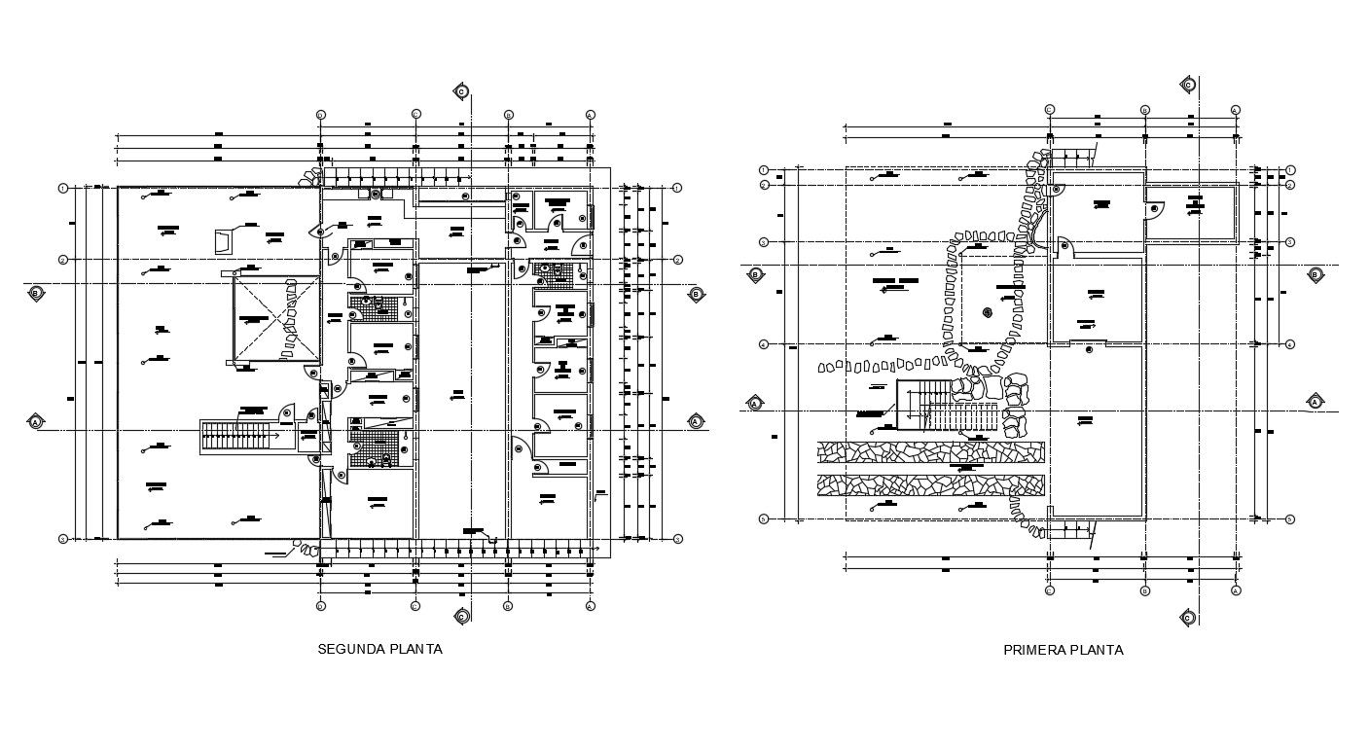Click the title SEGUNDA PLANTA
379,649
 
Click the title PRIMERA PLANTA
1063,650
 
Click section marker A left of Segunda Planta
36,422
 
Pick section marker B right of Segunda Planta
696,294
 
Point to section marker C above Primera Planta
1187,86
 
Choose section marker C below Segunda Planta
462,616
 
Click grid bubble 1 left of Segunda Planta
63,188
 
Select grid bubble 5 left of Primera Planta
764,519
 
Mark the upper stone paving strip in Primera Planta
930,451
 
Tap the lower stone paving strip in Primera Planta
930,484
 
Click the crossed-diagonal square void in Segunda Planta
276,318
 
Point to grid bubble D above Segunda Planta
321,115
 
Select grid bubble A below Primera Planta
1236,590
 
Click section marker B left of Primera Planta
755,275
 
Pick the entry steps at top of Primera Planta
1074,156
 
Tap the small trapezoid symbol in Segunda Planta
222,240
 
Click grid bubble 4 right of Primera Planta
1290,344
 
